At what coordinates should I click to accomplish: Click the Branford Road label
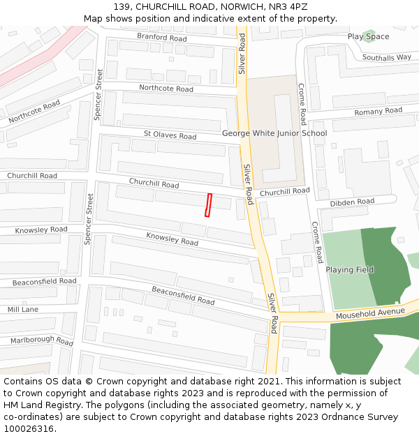(x=161, y=37)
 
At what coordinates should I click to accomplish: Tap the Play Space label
(x=368, y=36)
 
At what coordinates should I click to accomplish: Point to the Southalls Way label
(x=386, y=57)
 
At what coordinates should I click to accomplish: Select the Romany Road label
(x=378, y=112)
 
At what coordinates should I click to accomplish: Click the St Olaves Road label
(x=170, y=135)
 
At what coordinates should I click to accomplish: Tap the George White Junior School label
(x=274, y=133)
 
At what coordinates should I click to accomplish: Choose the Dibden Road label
(x=352, y=202)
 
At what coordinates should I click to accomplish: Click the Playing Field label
(x=349, y=270)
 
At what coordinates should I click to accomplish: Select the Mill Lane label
(x=23, y=309)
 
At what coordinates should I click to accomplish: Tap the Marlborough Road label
(x=41, y=341)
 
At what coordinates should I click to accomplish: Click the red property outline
(x=208, y=205)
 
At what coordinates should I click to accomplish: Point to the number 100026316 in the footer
(x=29, y=429)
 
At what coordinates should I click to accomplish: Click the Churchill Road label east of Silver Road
(x=284, y=191)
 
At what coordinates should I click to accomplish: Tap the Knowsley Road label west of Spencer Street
(x=41, y=230)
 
